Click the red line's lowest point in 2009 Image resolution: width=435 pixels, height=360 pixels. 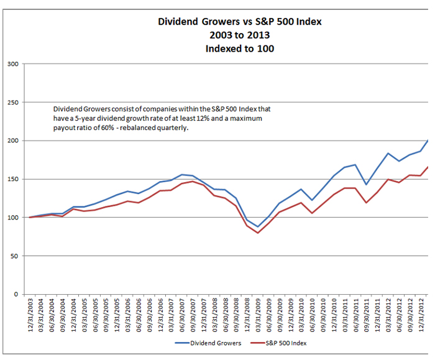257,233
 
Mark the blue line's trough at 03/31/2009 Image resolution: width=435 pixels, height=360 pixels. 257,227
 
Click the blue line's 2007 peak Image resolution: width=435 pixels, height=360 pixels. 181,175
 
